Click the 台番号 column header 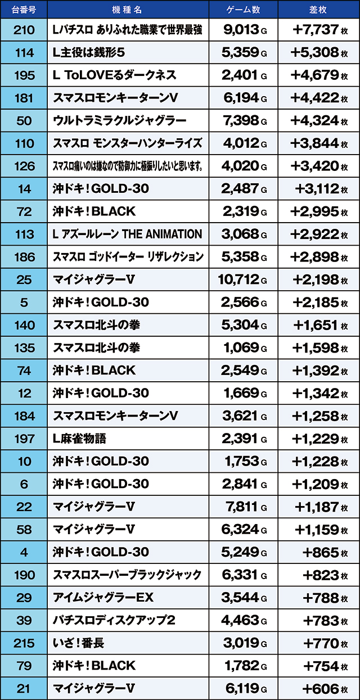[24, 10]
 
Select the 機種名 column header [128, 10]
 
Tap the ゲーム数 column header [243, 10]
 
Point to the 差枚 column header [318, 10]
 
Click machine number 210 [24, 30]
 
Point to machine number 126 [24, 166]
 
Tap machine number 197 [24, 439]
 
